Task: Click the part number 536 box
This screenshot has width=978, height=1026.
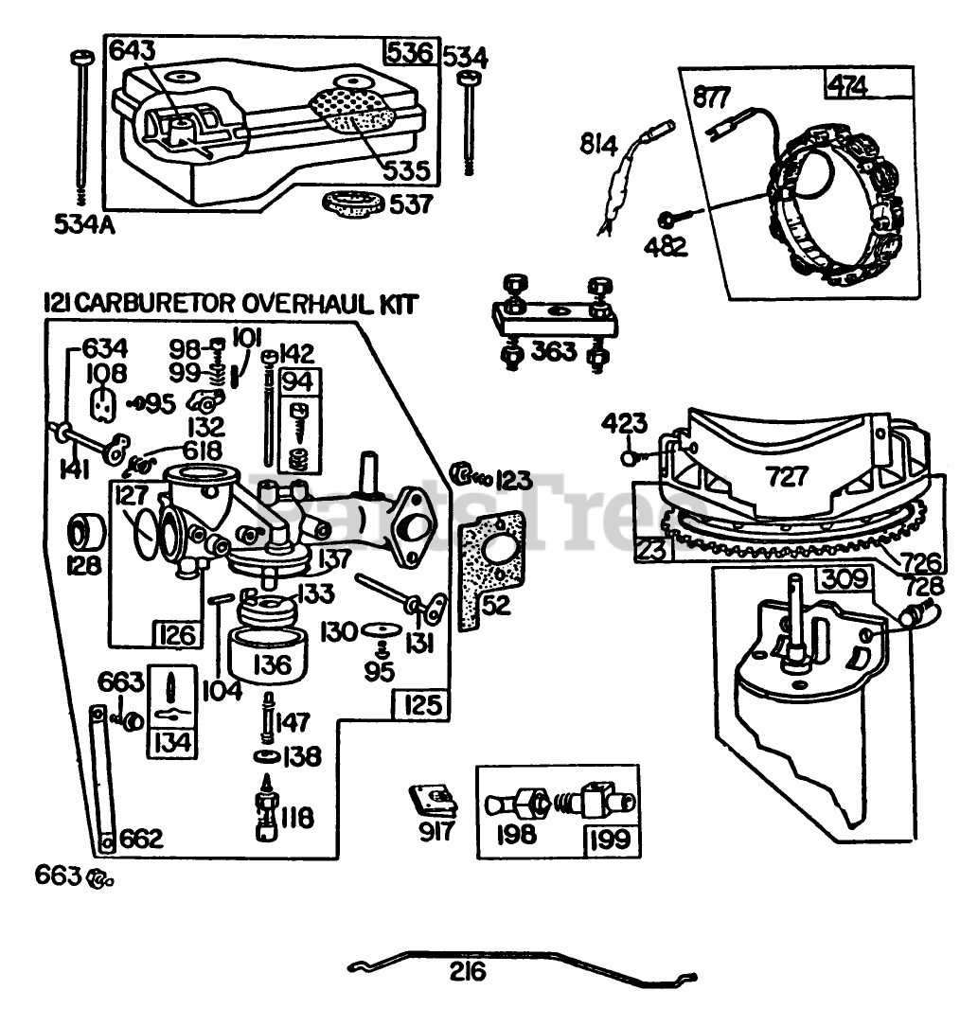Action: tap(410, 52)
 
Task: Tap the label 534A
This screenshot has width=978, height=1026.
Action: tap(84, 224)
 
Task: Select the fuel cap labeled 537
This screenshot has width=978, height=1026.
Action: tap(353, 202)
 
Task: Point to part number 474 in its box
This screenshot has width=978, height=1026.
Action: tap(849, 85)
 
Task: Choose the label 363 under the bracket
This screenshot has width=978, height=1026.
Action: tap(554, 351)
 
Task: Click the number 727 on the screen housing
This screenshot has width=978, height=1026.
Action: tap(787, 476)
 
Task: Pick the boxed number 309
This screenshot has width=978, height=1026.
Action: tap(845, 579)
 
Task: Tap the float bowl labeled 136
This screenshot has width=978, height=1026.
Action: tap(267, 655)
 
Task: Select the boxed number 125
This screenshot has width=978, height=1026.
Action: tap(423, 705)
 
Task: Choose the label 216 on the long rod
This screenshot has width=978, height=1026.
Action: tap(468, 972)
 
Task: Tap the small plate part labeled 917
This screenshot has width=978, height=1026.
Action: tap(433, 803)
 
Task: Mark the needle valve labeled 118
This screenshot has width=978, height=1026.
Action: tap(266, 807)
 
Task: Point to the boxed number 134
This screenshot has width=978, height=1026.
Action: tap(172, 743)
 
